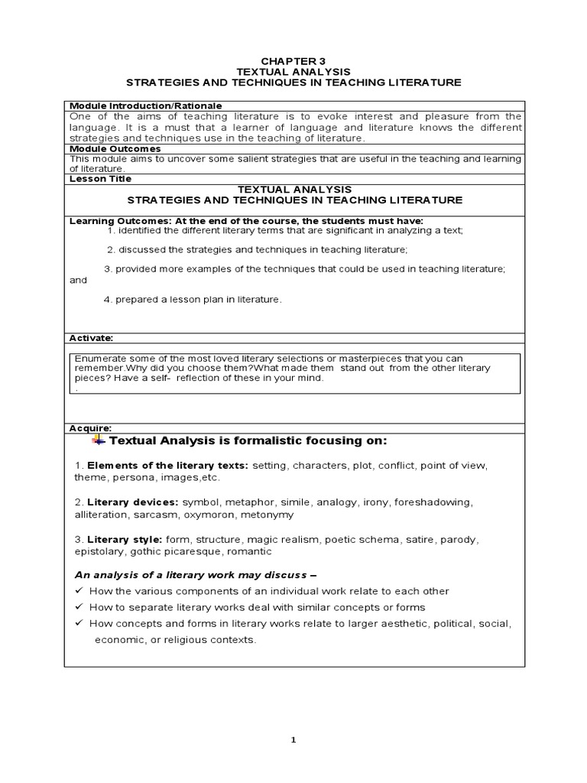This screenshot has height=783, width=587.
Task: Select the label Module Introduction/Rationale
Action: tap(145, 106)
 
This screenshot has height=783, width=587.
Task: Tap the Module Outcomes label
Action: tap(115, 149)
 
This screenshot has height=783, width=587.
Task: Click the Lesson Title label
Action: tap(101, 179)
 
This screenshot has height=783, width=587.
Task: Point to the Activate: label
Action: tap(92, 337)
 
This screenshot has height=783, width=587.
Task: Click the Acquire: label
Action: tap(91, 429)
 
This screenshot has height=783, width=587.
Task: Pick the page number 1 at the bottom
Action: tap(293, 739)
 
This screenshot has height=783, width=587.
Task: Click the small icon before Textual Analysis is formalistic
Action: tap(99, 441)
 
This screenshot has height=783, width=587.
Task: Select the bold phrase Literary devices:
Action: tap(133, 502)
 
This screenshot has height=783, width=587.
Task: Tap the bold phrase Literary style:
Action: tap(125, 539)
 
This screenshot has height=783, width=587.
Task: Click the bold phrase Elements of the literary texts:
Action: tap(168, 465)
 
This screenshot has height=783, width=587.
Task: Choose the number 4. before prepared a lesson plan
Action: tap(108, 300)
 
